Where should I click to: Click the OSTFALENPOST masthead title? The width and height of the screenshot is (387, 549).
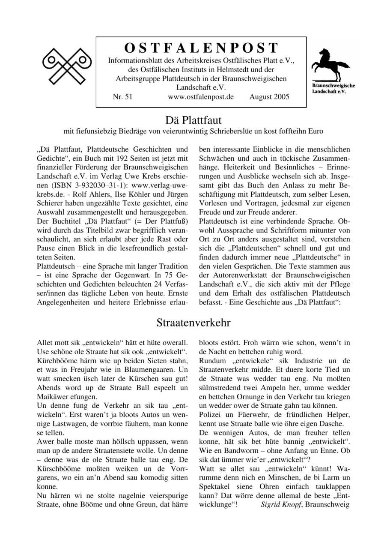[201, 48]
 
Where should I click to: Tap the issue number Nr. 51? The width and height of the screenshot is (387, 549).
[122, 97]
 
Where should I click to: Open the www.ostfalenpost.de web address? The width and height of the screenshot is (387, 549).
[201, 97]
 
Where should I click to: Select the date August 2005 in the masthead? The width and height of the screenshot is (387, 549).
[269, 97]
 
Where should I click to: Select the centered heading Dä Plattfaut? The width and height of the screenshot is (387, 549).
[193, 119]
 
